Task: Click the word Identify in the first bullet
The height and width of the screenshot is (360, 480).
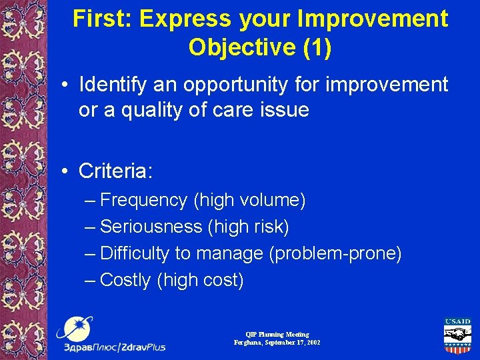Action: [x=109, y=85]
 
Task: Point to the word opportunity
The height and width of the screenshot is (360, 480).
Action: [x=221, y=85]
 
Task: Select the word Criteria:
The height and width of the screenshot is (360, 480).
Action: [x=115, y=171]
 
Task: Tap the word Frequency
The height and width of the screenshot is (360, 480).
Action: [x=144, y=200]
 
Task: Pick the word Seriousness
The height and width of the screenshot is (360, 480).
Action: [x=151, y=227]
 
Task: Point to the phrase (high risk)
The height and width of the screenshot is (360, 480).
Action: [x=248, y=227]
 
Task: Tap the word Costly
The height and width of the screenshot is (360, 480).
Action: [x=125, y=280]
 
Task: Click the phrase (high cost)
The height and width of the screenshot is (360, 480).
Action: [x=200, y=280]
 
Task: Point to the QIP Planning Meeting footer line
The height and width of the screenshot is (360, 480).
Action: [x=277, y=334]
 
